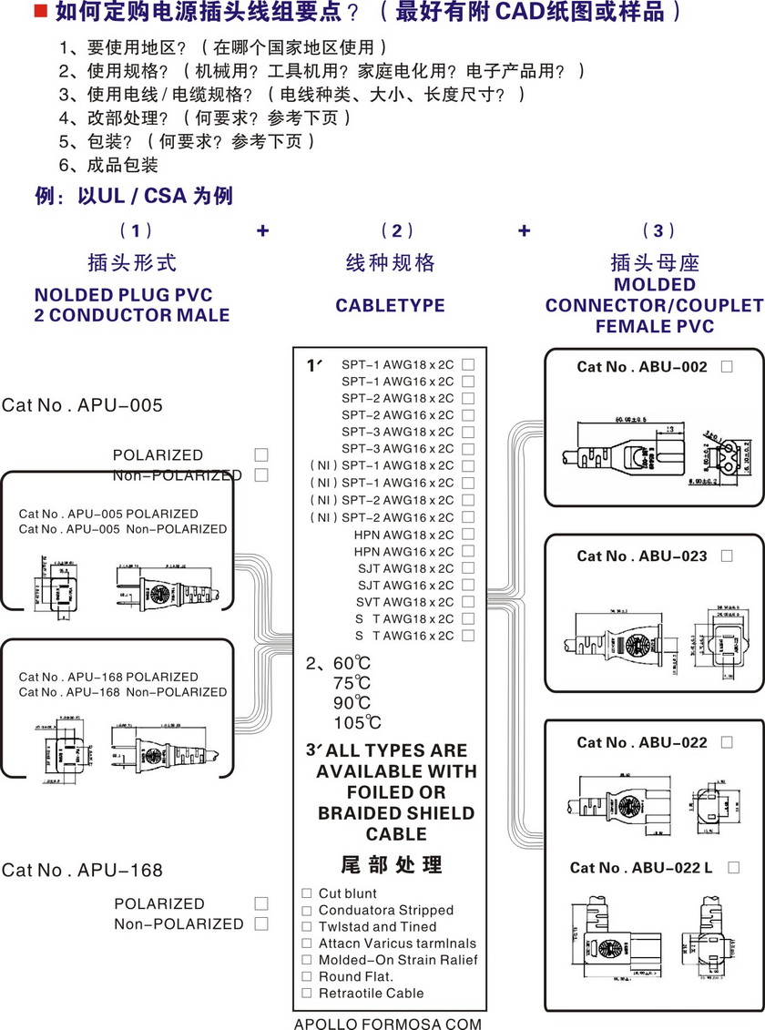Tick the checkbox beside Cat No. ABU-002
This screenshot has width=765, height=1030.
click(727, 367)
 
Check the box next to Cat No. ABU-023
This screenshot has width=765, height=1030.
click(727, 556)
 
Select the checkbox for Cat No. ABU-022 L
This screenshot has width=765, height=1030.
click(733, 868)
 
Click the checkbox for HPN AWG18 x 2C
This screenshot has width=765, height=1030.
click(468, 535)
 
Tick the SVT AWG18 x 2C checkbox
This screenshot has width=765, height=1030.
click(468, 602)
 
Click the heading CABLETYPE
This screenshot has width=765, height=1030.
click(390, 306)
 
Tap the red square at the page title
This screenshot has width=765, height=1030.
click(40, 12)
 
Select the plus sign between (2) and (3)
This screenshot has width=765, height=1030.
click(524, 230)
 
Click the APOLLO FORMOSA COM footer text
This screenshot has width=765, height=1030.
click(387, 1024)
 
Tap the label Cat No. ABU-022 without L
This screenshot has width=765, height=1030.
click(641, 742)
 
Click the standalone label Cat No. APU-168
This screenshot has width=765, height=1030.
click(83, 870)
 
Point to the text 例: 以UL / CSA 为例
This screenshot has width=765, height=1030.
click(134, 196)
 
